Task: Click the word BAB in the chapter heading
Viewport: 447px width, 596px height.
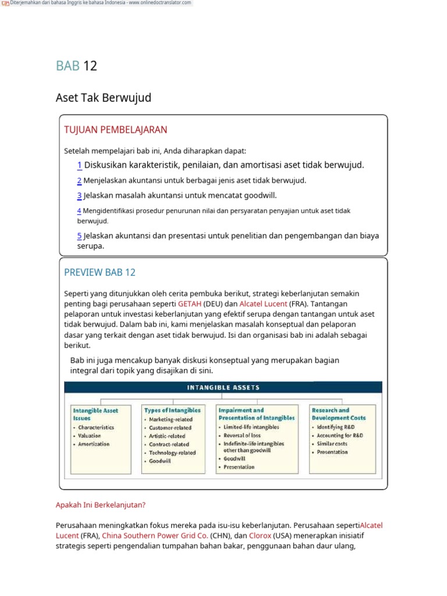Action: [68, 66]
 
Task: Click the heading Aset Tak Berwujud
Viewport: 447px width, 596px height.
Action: [103, 98]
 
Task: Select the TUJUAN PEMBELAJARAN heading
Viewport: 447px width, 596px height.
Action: [115, 130]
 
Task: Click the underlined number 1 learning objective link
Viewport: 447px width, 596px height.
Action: [79, 165]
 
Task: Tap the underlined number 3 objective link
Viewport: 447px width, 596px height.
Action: [79, 196]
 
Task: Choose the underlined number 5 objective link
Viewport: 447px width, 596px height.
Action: [79, 236]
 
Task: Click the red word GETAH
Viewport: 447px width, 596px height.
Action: [190, 304]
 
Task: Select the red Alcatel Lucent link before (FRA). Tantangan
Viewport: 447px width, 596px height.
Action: [263, 304]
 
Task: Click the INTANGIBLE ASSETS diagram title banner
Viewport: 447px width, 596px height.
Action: [223, 387]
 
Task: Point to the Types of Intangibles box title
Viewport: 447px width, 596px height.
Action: [172, 410]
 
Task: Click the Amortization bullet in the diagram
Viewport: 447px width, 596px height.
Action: [94, 444]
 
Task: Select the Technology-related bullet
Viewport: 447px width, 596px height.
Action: [172, 452]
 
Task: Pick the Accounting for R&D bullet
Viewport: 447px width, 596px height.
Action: [340, 435]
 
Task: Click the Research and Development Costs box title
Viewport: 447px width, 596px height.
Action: [339, 414]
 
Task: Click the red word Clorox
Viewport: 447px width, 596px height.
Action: [260, 535]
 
